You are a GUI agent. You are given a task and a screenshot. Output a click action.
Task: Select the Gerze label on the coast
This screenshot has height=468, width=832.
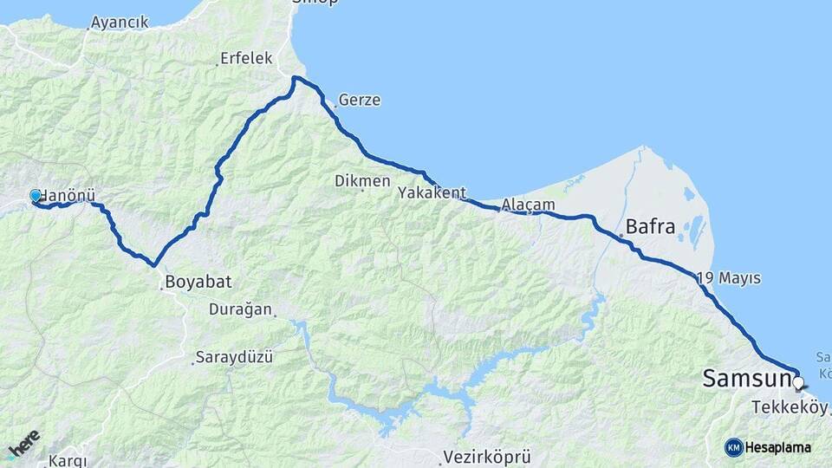[360, 100]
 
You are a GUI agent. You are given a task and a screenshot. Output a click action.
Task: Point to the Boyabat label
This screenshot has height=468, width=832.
[198, 282]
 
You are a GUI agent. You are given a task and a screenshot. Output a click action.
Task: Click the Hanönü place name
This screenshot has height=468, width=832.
[68, 196]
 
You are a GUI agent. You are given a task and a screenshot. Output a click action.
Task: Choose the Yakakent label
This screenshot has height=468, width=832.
[432, 192]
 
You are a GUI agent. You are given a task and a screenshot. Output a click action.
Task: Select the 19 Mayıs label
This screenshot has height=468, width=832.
[729, 278]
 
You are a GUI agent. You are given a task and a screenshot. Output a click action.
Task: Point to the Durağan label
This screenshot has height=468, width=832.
[241, 309]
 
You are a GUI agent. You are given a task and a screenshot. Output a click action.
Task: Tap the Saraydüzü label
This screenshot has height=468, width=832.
[234, 356]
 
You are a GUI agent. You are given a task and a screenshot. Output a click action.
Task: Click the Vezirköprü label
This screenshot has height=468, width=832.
[486, 456]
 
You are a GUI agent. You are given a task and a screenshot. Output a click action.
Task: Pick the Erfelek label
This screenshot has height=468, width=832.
[246, 58]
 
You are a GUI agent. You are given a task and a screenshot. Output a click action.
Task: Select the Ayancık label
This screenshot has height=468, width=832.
[120, 23]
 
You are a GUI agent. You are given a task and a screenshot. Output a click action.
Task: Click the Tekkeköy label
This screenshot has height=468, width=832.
[790, 406]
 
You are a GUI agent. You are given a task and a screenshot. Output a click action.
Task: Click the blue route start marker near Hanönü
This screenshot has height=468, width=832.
[36, 197]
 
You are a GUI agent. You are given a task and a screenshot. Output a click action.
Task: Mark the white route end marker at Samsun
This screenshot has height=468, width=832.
[798, 380]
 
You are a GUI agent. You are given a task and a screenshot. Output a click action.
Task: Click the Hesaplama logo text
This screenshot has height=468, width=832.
[778, 447]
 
